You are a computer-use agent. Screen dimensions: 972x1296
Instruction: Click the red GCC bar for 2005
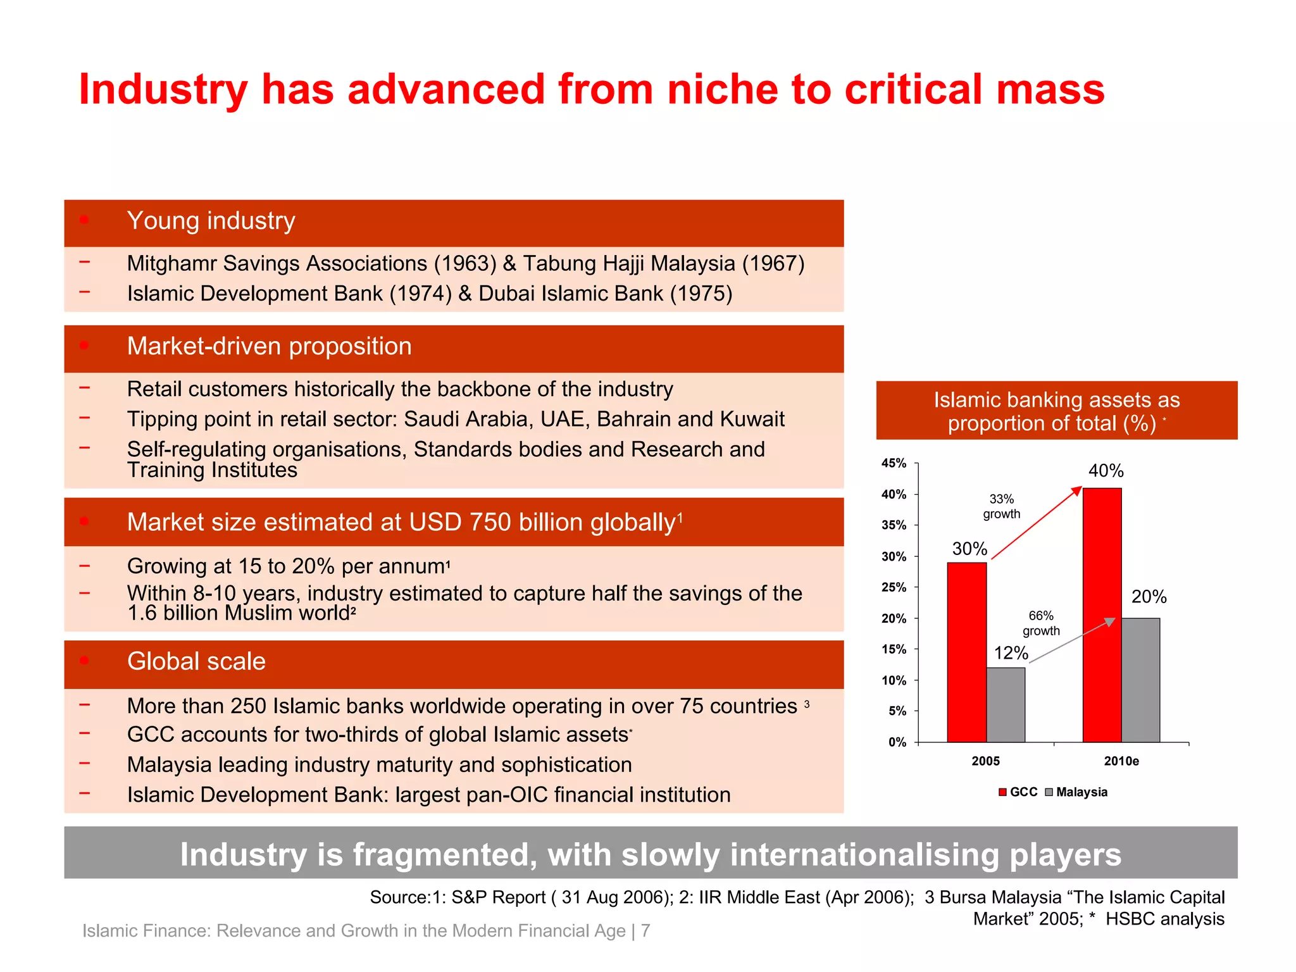[x=966, y=652]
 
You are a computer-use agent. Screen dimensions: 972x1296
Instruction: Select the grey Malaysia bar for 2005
[x=1006, y=704]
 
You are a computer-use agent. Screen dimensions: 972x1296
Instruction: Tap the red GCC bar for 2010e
[x=1102, y=614]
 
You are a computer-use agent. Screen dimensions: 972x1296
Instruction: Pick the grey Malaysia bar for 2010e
[x=1140, y=680]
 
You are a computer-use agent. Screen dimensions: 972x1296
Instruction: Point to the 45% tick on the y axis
[x=894, y=463]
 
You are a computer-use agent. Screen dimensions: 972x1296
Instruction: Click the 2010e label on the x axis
[x=1121, y=761]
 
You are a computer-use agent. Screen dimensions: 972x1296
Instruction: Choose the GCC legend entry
[x=1018, y=792]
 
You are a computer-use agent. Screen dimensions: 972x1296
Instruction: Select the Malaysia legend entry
[x=1076, y=792]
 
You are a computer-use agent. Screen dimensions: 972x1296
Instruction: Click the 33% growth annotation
[x=1001, y=506]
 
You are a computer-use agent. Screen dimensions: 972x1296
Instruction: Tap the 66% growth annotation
[x=1041, y=623]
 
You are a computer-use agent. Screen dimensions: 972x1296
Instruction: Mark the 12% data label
[x=1011, y=652]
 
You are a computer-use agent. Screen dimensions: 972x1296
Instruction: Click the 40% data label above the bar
[x=1106, y=471]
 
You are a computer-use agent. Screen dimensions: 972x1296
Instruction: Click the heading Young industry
[x=211, y=221]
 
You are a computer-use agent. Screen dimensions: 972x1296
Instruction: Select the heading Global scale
[x=196, y=661]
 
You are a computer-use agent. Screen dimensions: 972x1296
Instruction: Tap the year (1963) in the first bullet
[x=465, y=263]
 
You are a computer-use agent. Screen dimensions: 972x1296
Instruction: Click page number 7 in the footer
[x=645, y=930]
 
